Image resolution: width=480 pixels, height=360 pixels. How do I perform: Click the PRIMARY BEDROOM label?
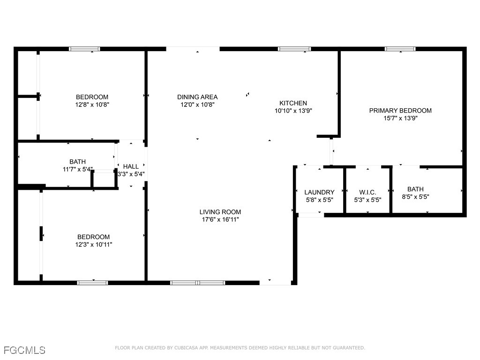tap(400, 111)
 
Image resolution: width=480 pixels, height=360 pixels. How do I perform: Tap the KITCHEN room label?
tap(293, 103)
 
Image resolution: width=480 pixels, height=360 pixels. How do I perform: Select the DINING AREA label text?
tap(197, 97)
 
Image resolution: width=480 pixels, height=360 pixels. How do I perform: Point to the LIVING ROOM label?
tap(220, 212)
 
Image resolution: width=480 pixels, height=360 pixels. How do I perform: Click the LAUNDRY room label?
tap(319, 192)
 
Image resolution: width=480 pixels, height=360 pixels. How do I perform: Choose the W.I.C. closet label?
tap(367, 192)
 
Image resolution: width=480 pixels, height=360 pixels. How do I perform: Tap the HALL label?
tap(131, 166)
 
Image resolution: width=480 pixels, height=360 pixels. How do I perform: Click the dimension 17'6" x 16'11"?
tap(220, 219)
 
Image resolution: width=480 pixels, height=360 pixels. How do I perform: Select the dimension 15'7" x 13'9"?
tap(400, 118)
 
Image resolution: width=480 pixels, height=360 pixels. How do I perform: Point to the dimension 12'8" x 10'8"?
tap(92, 105)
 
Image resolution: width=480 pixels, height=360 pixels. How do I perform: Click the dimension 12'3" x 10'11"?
tap(94, 244)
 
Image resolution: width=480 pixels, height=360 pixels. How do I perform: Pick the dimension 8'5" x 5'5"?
tap(415, 197)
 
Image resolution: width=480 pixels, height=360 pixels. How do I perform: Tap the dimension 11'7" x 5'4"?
tap(78, 169)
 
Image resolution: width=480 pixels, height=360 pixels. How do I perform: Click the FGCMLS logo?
tap(24, 350)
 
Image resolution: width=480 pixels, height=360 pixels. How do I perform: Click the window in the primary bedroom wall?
tap(400, 49)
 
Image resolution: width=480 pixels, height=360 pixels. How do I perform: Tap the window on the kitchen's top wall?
tap(294, 49)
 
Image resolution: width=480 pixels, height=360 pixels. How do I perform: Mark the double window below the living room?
tap(197, 283)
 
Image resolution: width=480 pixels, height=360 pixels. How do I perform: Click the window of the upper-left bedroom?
tap(84, 49)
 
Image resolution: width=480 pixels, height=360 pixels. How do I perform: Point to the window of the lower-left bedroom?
tap(92, 283)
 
